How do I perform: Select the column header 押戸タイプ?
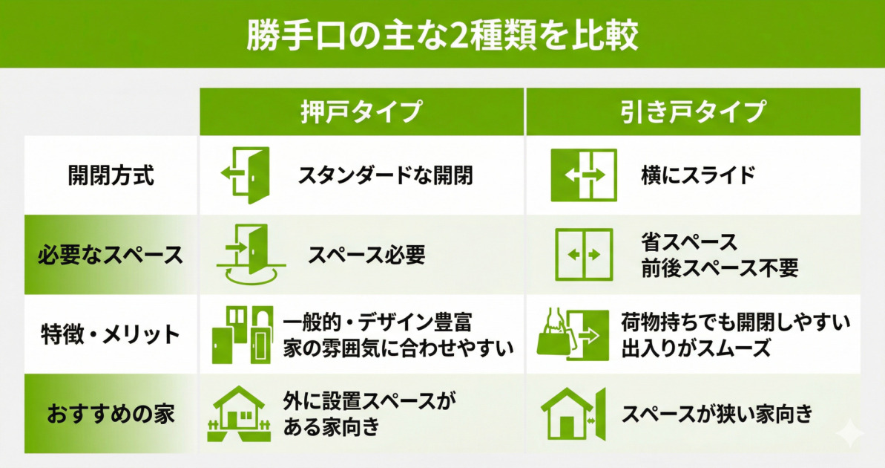[x=361, y=112]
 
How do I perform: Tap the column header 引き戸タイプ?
[x=693, y=112]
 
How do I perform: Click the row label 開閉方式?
[x=111, y=176]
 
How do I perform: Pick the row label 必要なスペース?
[x=111, y=256]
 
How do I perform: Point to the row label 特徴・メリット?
[x=111, y=334]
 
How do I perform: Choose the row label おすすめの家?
[x=111, y=414]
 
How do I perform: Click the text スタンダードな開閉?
[x=386, y=176]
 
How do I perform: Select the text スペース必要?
[x=366, y=256]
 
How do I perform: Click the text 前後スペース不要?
[x=720, y=268]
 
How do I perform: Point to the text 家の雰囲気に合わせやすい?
[x=399, y=348]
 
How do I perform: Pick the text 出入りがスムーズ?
[x=697, y=348]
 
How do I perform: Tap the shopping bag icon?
[x=553, y=337]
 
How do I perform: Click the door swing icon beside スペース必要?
[x=246, y=254]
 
